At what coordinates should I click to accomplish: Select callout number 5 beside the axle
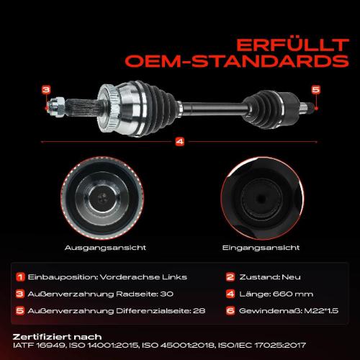[x=315, y=89]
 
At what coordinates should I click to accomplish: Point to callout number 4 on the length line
[x=179, y=141]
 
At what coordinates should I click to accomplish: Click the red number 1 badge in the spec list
[x=22, y=276]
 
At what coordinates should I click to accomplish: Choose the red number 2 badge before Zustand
[x=230, y=276]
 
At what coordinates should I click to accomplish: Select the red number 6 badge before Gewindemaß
[x=230, y=310]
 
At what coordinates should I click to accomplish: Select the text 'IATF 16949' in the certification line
[x=37, y=346]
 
